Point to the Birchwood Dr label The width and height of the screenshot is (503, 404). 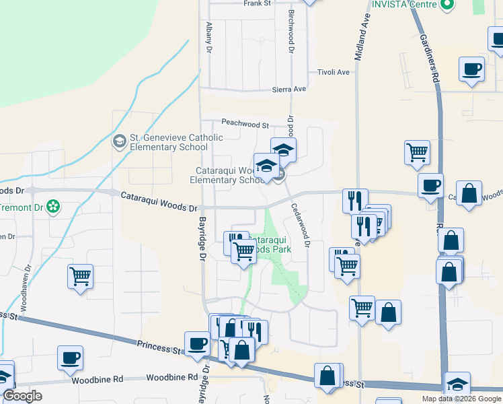pyautogui.click(x=291, y=32)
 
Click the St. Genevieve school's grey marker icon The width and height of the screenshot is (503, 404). pyautogui.click(x=119, y=141)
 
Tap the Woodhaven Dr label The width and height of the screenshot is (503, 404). pyautogui.click(x=23, y=294)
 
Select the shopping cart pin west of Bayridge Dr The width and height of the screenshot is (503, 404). pyautogui.click(x=80, y=275)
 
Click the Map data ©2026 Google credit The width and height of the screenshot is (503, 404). pyautogui.click(x=461, y=399)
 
